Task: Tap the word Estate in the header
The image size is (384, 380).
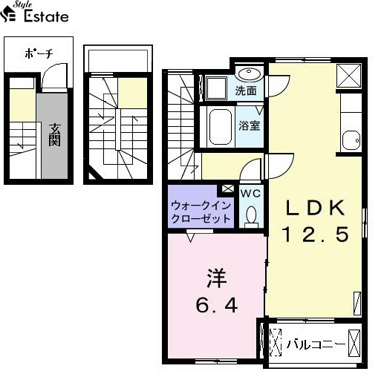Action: coord(46,16)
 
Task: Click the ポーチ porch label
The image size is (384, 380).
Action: coord(39,53)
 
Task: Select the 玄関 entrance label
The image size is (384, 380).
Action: coord(54,134)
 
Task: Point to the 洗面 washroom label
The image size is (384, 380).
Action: coord(246,91)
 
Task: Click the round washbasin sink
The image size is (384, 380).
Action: coord(249,73)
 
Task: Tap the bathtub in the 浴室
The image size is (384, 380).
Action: coord(221,127)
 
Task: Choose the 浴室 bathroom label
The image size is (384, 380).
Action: coord(250,125)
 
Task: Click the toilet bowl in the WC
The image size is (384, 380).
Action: coord(251,217)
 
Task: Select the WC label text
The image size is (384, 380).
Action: coord(250,194)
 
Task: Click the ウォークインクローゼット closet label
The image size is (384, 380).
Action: coord(201,212)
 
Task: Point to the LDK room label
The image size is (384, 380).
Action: coord(316,208)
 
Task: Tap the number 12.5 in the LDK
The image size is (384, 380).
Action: coord(316,235)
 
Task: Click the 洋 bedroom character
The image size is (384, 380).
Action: coord(217,278)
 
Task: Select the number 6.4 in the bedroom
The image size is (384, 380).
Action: coord(217,305)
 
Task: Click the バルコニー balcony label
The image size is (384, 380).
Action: coord(316,344)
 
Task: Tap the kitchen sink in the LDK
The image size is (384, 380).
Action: coord(351,140)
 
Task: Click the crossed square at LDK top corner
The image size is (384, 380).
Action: coord(349,76)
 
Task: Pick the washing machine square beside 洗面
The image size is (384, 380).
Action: coord(216,88)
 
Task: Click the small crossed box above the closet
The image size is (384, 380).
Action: coord(228,189)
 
